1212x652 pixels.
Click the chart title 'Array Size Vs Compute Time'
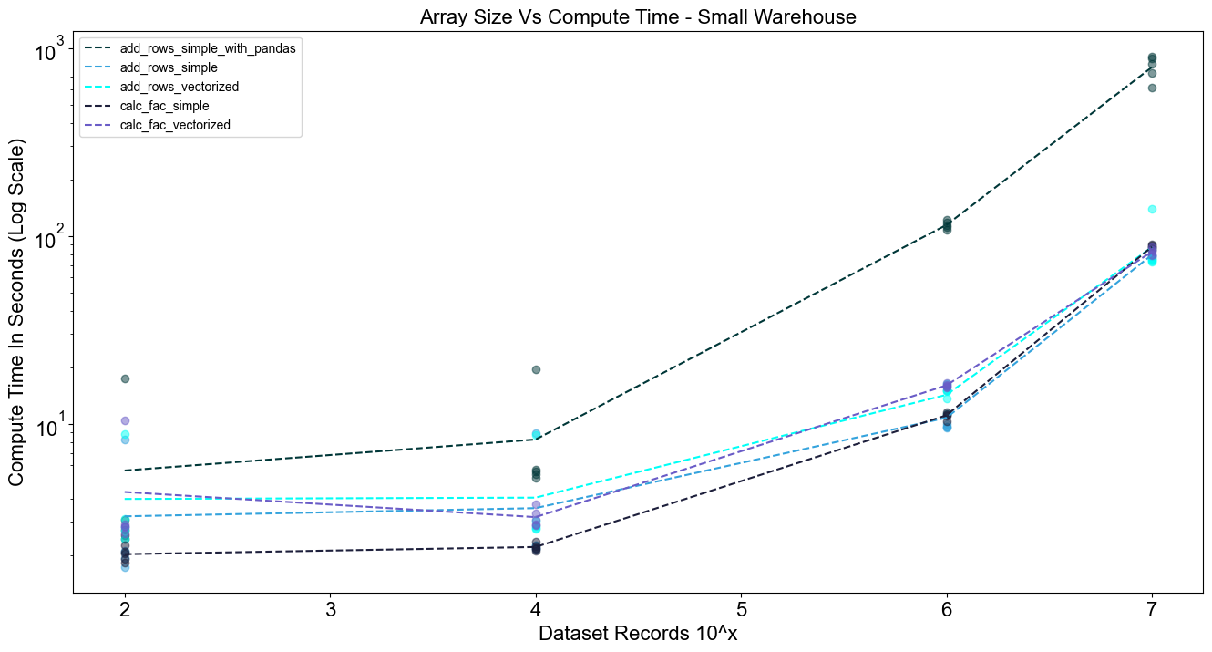point(637,16)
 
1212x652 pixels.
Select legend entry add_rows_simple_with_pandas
point(208,48)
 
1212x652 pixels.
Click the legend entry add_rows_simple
point(169,67)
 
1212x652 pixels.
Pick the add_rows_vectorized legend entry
point(179,87)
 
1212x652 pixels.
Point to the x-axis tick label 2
point(125,609)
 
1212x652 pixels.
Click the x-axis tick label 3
point(330,609)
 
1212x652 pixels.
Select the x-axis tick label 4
point(536,609)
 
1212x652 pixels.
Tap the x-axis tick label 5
point(741,609)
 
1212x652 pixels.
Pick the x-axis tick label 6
point(947,609)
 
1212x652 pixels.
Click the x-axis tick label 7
point(1152,609)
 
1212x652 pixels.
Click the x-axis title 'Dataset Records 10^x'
point(637,634)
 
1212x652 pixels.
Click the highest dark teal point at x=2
point(125,378)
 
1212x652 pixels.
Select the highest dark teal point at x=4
point(536,369)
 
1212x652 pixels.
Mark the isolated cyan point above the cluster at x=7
point(1152,210)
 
